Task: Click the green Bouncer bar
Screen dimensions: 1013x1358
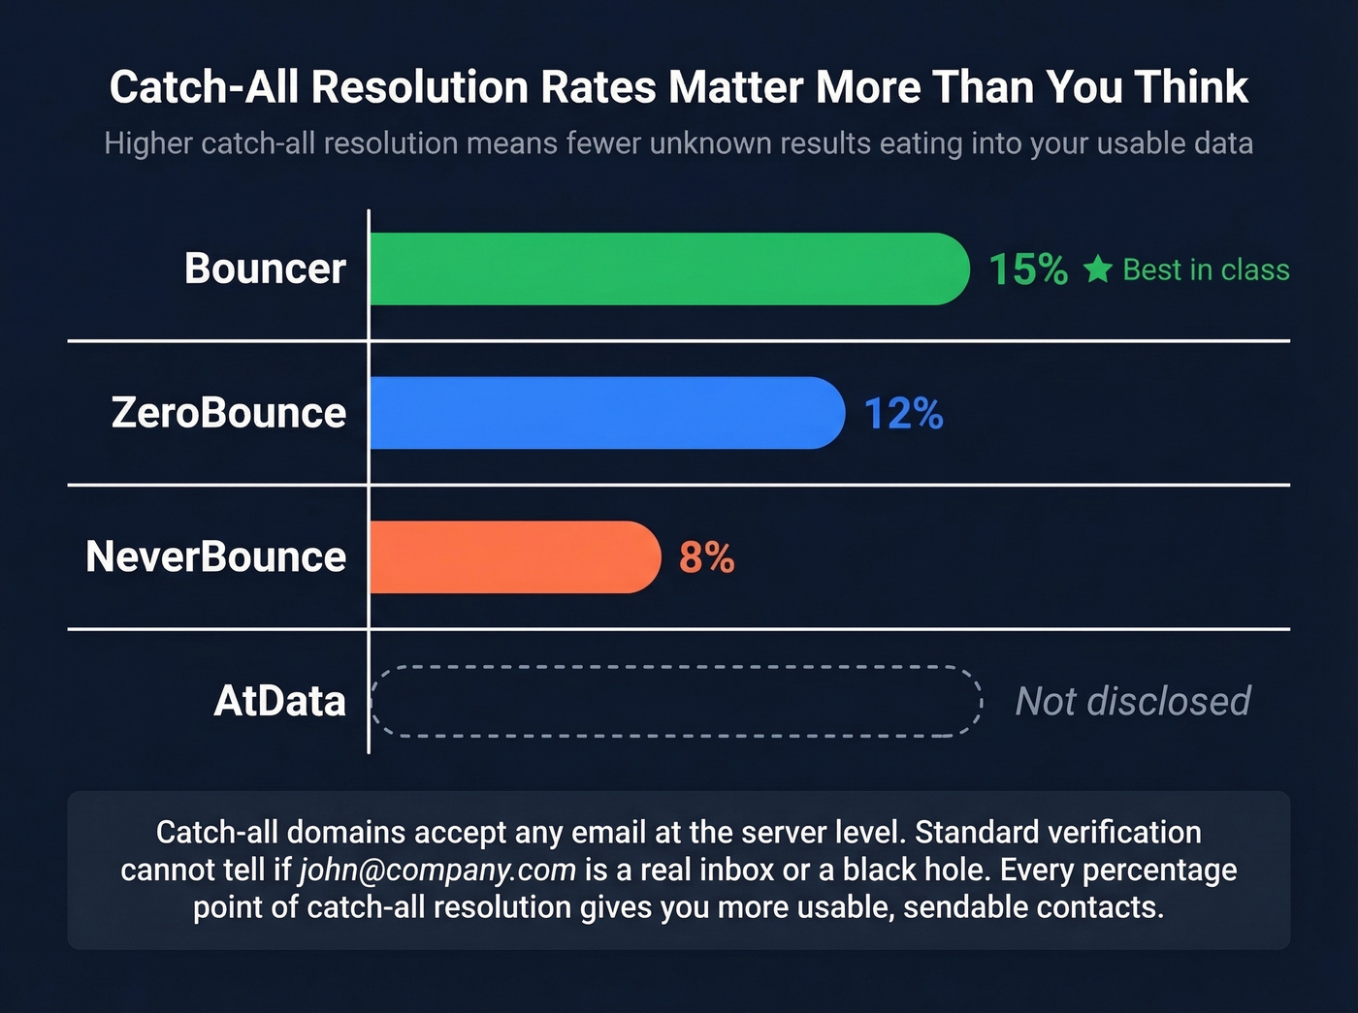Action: [x=669, y=269]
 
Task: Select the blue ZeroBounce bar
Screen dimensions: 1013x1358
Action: [x=607, y=413]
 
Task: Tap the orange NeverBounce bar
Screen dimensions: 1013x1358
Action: [x=514, y=557]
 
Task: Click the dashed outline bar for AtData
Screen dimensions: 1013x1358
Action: [x=676, y=701]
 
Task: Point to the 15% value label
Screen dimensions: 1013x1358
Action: [x=1028, y=269]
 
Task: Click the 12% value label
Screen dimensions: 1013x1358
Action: [x=903, y=414]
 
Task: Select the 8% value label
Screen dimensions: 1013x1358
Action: [x=706, y=557]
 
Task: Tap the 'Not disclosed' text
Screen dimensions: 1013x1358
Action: [x=1132, y=701]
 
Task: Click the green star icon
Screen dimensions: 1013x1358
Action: [x=1097, y=269]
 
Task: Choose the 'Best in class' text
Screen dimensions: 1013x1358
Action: [x=1206, y=269]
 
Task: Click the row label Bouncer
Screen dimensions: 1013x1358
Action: [x=265, y=269]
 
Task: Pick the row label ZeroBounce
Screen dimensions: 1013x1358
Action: [x=229, y=413]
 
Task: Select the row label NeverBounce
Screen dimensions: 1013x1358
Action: [x=216, y=556]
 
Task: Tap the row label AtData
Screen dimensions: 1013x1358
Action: [x=279, y=701]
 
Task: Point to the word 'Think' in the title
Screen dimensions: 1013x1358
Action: [x=1192, y=87]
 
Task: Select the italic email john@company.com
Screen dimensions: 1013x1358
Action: [x=437, y=870]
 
